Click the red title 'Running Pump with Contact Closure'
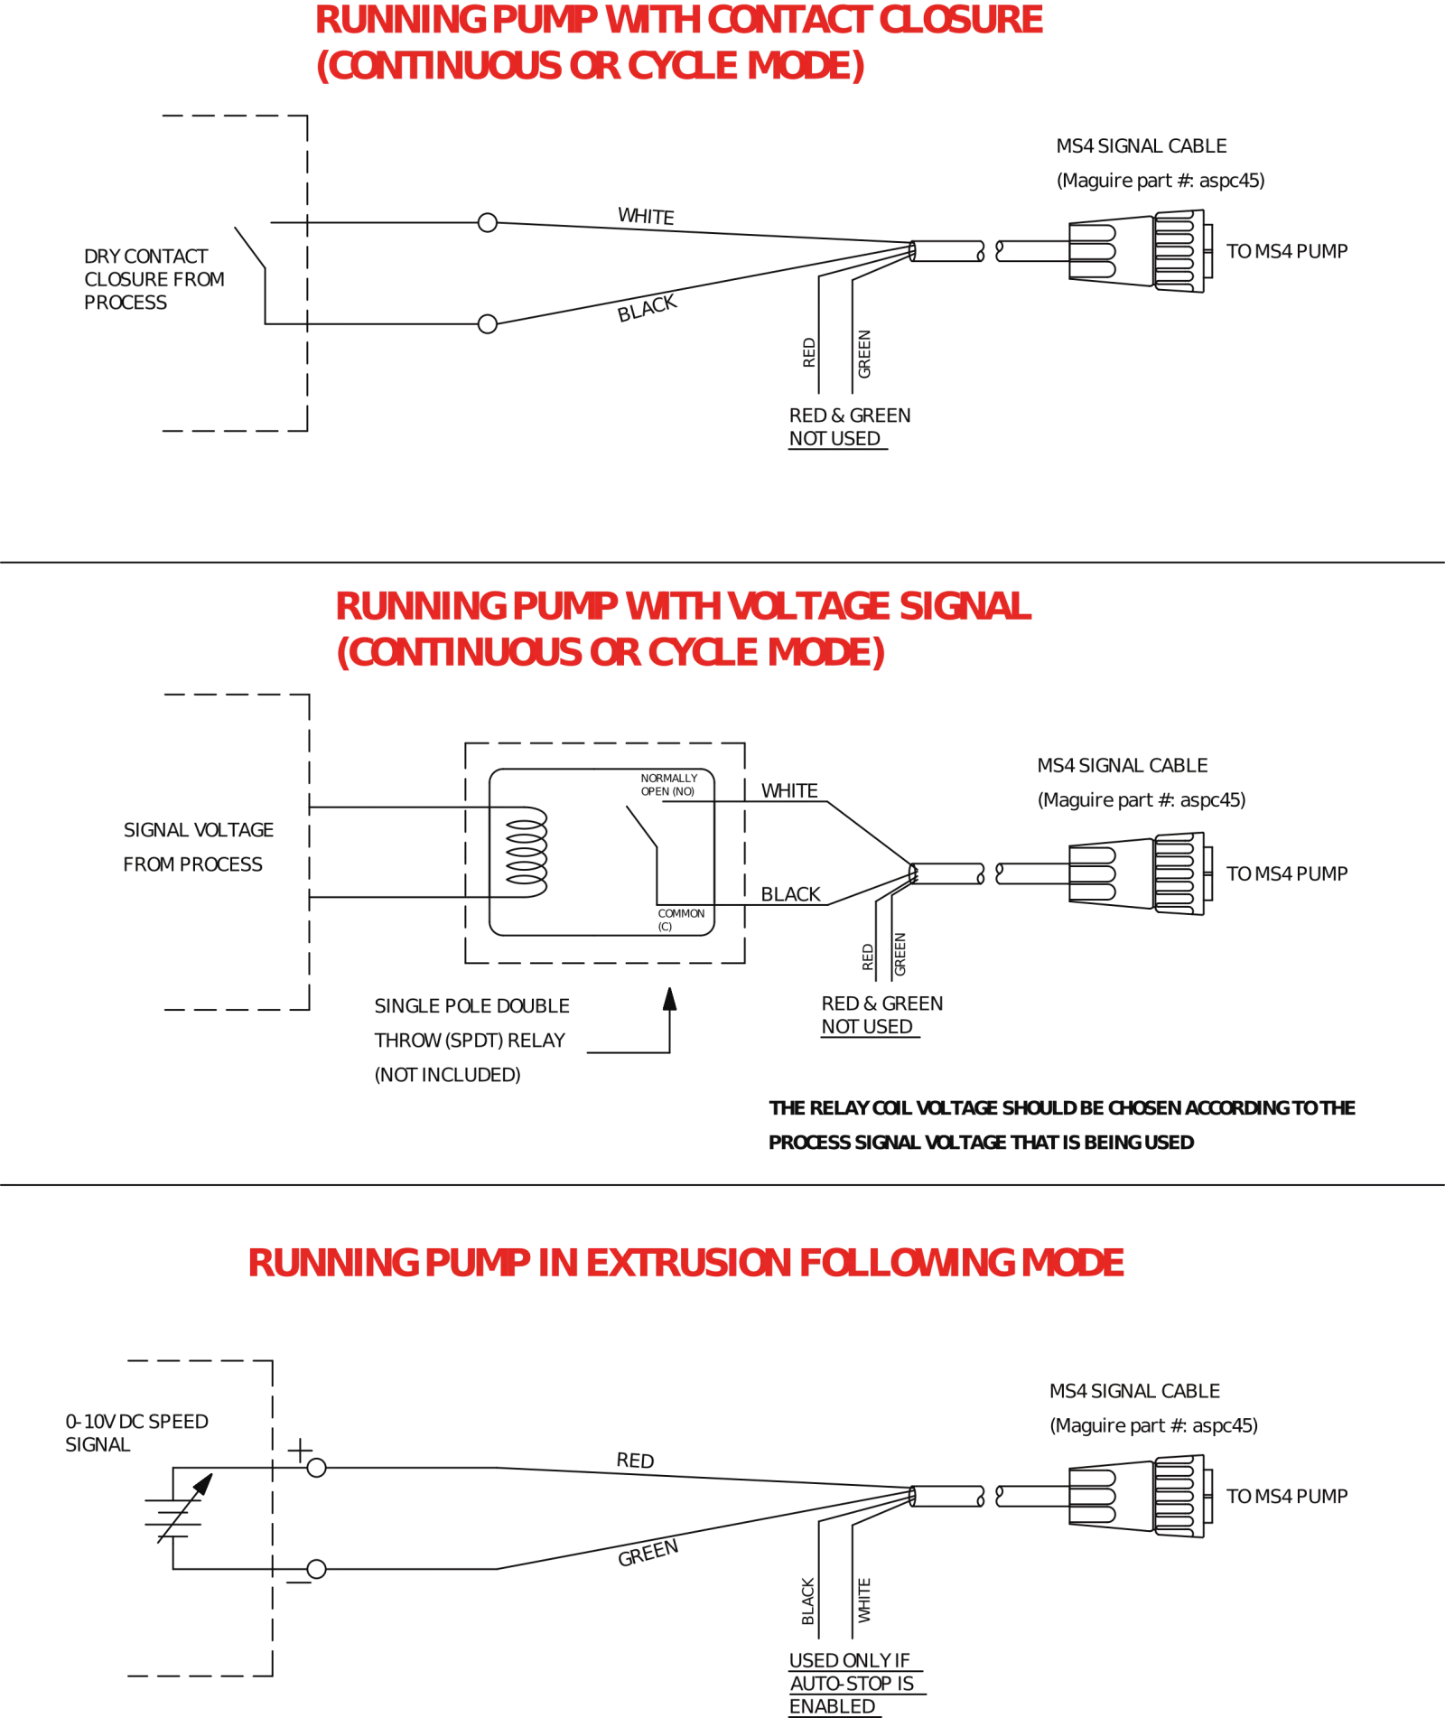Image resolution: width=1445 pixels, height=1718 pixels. click(679, 20)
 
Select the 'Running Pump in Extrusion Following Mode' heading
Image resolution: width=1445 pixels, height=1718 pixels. click(686, 1263)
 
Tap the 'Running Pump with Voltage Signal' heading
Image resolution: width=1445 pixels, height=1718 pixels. click(684, 606)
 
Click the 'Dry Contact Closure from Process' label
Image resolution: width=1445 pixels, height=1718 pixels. click(154, 279)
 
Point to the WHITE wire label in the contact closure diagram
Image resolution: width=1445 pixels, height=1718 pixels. click(647, 217)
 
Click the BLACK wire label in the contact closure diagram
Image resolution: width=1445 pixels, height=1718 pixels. click(647, 308)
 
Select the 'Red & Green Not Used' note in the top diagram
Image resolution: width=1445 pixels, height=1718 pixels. click(849, 426)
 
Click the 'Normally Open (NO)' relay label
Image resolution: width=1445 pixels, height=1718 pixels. click(669, 784)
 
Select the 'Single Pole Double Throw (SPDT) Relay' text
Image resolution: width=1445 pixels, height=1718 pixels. click(471, 1022)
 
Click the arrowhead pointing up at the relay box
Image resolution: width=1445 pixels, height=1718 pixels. click(670, 999)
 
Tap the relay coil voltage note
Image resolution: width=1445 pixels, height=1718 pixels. click(1061, 1125)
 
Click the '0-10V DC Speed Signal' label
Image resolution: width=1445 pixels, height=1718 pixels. click(135, 1433)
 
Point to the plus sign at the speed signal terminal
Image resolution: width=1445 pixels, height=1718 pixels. click(299, 1452)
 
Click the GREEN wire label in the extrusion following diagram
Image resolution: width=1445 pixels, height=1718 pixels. click(648, 1553)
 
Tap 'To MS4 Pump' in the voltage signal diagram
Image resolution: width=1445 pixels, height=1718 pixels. click(1287, 874)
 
